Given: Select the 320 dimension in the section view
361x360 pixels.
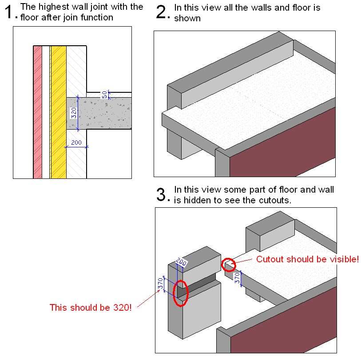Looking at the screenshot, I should [x=74, y=113].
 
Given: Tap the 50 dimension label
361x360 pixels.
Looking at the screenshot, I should [x=105, y=95].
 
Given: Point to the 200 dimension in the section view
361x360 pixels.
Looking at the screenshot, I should [x=76, y=142].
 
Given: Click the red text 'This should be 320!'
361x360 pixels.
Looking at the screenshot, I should [x=91, y=307].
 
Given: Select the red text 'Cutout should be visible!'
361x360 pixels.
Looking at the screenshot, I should [x=307, y=259].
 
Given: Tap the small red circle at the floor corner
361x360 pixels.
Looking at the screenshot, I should [x=227, y=265].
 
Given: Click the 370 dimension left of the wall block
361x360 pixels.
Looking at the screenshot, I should [x=161, y=283].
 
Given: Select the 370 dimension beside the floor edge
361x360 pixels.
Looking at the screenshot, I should [x=238, y=278].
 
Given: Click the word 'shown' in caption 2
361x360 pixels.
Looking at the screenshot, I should [x=187, y=18].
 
